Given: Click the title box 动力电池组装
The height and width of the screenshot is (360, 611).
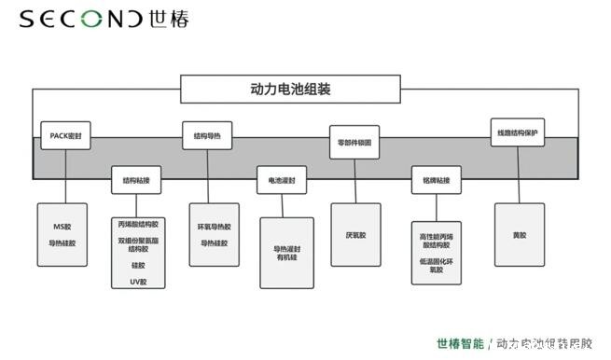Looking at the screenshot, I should click(x=291, y=90).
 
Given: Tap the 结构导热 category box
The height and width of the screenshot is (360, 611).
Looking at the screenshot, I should click(x=206, y=136).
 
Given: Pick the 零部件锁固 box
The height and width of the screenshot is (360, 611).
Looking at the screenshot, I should click(x=354, y=142).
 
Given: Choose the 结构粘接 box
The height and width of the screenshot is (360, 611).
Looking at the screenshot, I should click(x=136, y=179).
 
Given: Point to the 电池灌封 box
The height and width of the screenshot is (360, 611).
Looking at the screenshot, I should click(x=282, y=179).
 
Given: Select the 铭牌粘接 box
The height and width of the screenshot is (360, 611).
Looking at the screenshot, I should click(x=437, y=179).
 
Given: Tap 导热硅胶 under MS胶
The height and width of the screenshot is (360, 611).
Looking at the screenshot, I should click(x=62, y=242).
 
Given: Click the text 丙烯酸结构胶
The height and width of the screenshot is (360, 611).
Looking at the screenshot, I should click(x=138, y=225).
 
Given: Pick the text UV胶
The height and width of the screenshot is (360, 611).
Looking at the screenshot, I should click(x=138, y=279).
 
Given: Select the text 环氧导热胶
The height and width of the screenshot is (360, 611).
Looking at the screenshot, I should click(x=214, y=228).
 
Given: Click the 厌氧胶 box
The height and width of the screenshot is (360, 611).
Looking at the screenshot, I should click(x=355, y=235).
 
